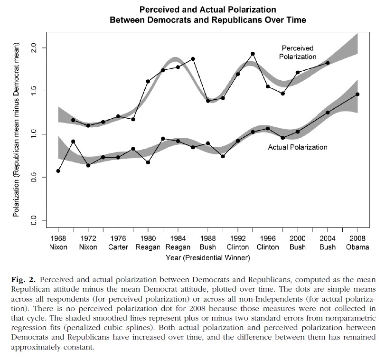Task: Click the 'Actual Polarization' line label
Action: pos(298,147)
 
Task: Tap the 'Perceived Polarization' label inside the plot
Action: pos(299,52)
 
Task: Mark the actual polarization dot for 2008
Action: pos(357,94)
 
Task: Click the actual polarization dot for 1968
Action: pos(58,171)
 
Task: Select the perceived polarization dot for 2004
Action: pos(328,63)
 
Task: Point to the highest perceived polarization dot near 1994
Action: pos(253,54)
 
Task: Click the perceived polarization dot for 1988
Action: pos(208,101)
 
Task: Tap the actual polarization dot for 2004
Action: pos(328,113)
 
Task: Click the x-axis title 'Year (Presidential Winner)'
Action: pos(207,258)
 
